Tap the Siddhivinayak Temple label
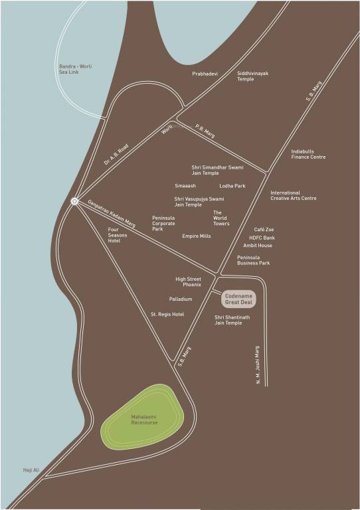point(252,76)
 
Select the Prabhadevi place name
point(205,74)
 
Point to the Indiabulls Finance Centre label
point(308,154)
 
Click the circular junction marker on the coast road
point(74,201)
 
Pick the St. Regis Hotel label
point(167,314)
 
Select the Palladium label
point(181,299)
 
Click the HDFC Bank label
point(262,238)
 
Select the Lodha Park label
point(232,186)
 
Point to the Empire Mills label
point(197,236)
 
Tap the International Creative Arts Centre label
point(294,196)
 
